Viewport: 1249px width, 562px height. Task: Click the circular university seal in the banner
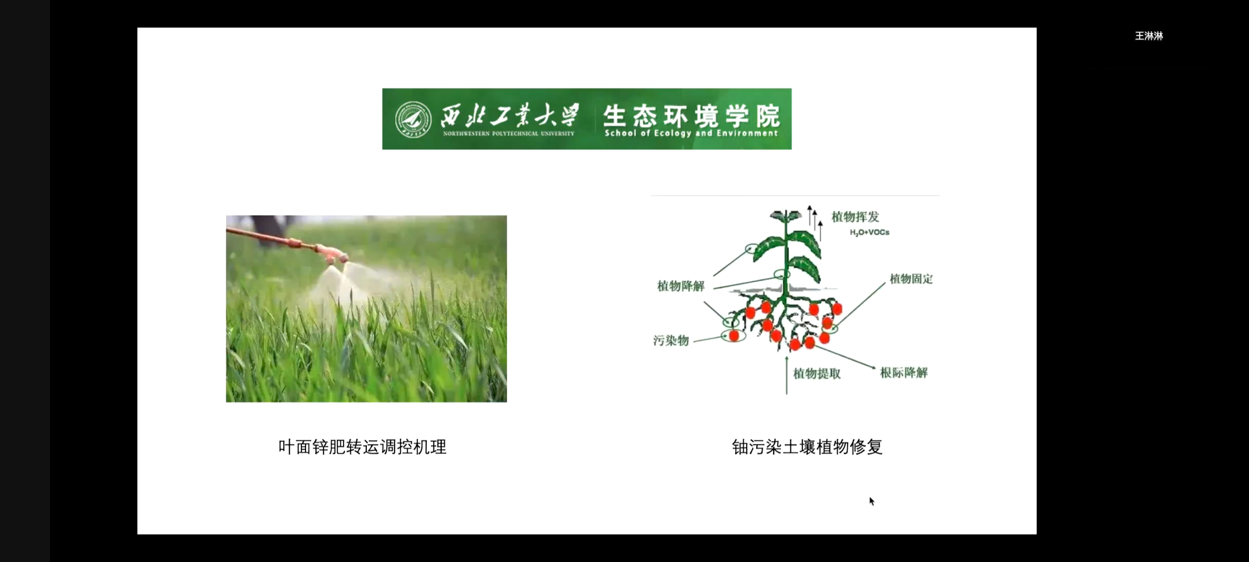413,119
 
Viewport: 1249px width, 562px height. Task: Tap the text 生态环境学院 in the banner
692,115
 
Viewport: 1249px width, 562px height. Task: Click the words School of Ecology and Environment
691,133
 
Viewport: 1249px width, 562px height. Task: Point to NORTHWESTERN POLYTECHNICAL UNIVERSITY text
508,134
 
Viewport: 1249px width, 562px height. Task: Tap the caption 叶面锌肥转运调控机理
363,447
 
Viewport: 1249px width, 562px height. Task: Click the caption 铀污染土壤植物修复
807,447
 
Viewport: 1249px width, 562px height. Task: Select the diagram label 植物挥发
855,216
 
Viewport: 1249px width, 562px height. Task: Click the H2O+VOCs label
870,232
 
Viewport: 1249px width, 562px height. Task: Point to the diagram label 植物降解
681,286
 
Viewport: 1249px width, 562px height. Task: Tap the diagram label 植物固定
911,278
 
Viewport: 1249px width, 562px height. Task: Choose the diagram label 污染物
671,340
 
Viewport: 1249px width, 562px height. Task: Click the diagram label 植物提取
817,373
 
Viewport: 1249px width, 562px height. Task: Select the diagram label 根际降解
904,373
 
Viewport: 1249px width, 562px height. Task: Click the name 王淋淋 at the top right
1149,36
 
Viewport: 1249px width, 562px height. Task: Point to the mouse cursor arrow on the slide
872,501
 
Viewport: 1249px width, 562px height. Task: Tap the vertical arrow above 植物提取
786,375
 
